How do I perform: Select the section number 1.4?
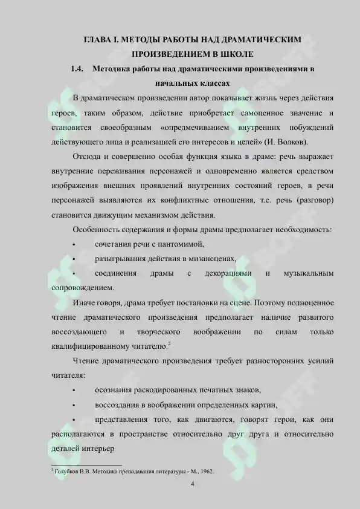pyautogui.click(x=76, y=69)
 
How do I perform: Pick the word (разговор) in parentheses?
pyautogui.click(x=314, y=200)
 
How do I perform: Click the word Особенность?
pyautogui.click(x=97, y=230)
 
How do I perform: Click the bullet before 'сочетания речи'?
pyautogui.click(x=74, y=245)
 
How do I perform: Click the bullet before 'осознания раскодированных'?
pyautogui.click(x=74, y=390)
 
